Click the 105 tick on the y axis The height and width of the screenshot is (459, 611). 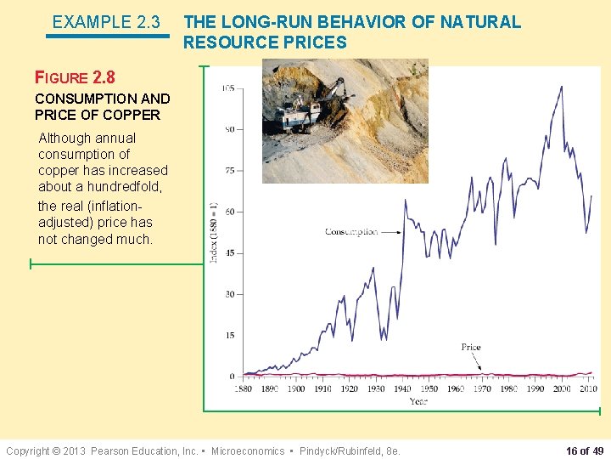[x=229, y=88]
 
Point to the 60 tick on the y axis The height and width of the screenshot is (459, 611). [x=229, y=212]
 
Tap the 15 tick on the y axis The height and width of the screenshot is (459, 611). [x=229, y=335]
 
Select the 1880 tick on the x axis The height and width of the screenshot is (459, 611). [x=244, y=388]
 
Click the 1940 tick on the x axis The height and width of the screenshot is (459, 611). [x=402, y=388]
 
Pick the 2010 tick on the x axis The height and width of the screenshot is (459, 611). [x=587, y=388]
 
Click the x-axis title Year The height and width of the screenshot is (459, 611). [x=418, y=400]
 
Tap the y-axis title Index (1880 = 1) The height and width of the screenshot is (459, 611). [x=214, y=232]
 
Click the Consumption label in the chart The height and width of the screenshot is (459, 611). [x=350, y=232]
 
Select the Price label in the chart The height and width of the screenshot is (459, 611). [x=471, y=347]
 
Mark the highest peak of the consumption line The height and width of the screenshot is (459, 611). [x=561, y=87]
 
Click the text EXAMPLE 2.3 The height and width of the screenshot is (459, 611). [x=106, y=22]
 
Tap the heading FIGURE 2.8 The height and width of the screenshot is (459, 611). [x=75, y=77]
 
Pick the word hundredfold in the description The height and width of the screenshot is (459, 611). [x=131, y=187]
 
